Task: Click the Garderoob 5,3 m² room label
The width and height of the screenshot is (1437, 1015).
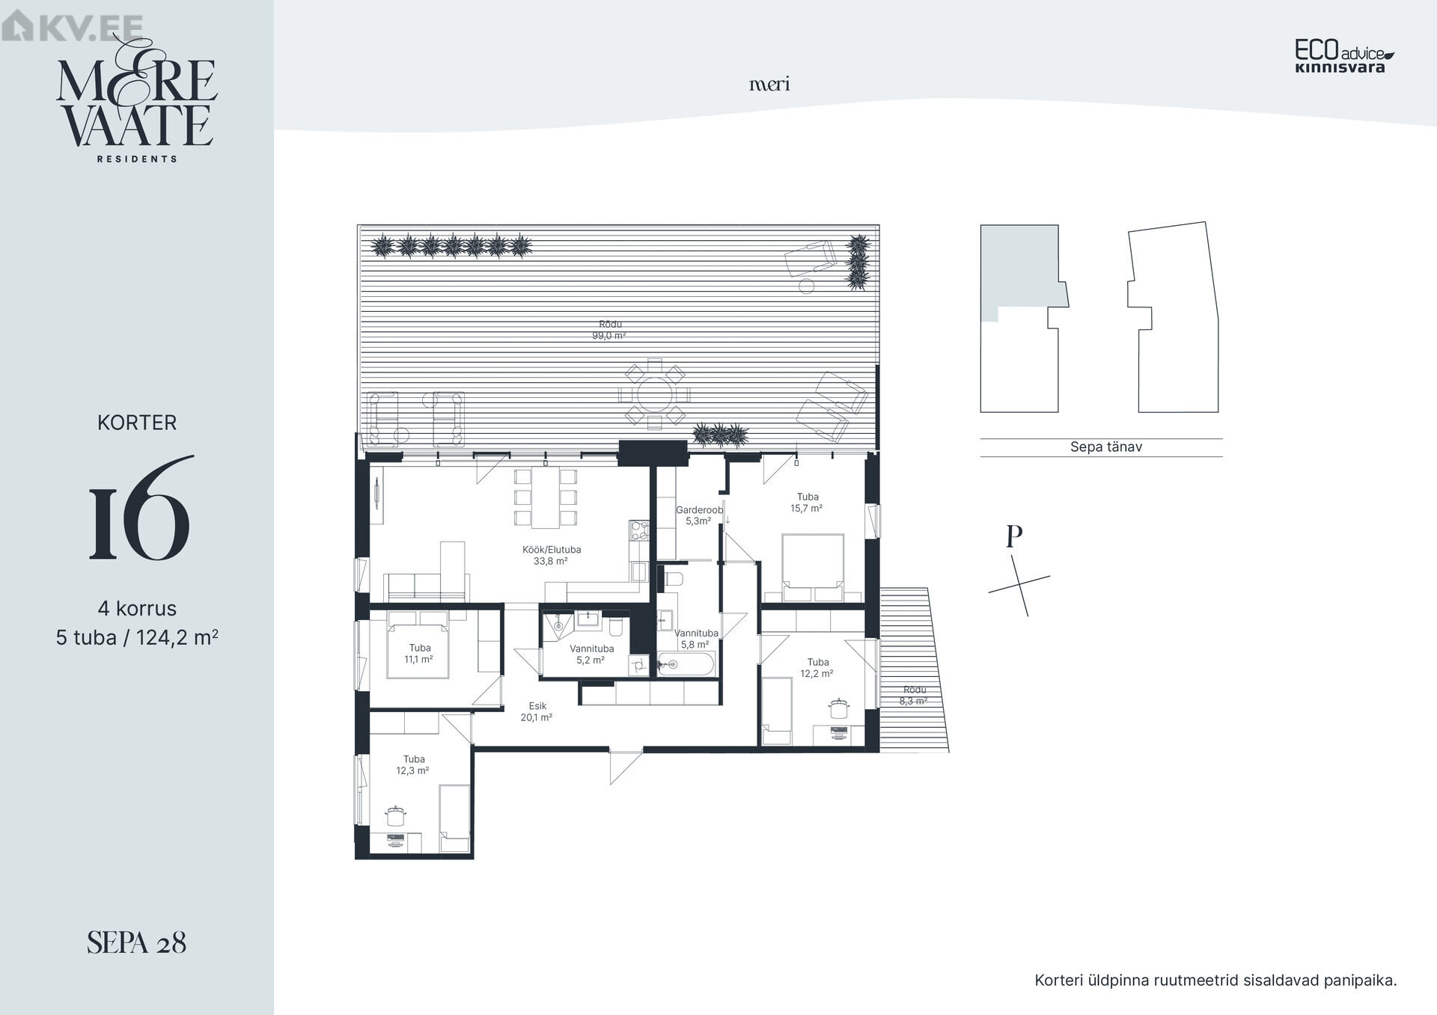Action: [699, 515]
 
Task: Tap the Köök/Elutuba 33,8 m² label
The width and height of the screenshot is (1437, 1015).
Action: [552, 555]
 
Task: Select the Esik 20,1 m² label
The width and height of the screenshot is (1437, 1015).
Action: [537, 711]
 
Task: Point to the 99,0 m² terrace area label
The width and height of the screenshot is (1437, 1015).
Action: [609, 330]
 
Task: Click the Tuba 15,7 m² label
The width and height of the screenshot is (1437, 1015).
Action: [807, 503]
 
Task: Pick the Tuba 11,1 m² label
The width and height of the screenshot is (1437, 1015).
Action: [419, 654]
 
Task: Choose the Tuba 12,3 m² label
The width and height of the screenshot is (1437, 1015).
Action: [413, 764]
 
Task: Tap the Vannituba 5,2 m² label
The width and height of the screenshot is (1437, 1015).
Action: [591, 654]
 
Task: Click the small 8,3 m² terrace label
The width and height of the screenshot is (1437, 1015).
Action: [914, 696]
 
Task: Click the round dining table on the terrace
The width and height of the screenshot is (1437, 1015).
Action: [654, 395]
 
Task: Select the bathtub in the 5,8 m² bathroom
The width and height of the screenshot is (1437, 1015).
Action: [686, 663]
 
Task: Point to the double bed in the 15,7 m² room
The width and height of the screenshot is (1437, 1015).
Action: [813, 568]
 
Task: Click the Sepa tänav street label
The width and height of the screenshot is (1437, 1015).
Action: [1105, 447]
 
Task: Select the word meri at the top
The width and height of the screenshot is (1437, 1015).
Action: [769, 84]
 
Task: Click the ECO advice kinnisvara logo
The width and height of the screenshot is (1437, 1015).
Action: [1345, 56]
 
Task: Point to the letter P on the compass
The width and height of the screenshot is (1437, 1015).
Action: [1014, 536]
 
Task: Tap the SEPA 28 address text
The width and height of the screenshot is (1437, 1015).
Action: [136, 942]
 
